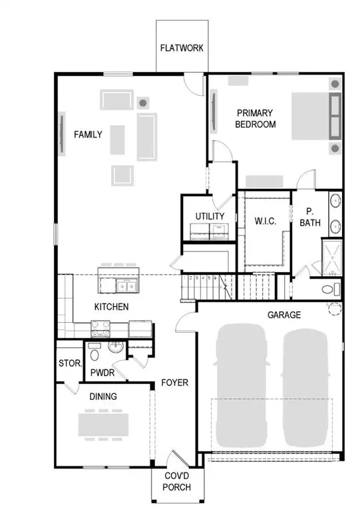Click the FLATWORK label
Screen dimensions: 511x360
[181, 49]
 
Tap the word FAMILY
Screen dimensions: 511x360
[88, 134]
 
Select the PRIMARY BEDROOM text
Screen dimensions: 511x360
[256, 118]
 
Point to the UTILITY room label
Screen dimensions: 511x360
[210, 216]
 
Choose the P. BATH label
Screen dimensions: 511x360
[309, 218]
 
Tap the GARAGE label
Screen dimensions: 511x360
[284, 315]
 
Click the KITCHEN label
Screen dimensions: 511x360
[111, 307]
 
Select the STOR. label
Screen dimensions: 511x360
[70, 363]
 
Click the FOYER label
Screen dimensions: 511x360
[175, 383]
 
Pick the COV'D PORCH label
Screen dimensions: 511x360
[177, 482]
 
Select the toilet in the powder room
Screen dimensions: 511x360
[94, 351]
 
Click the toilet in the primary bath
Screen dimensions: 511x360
[331, 289]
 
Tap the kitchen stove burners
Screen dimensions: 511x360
[100, 327]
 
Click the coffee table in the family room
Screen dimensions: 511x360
[118, 140]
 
